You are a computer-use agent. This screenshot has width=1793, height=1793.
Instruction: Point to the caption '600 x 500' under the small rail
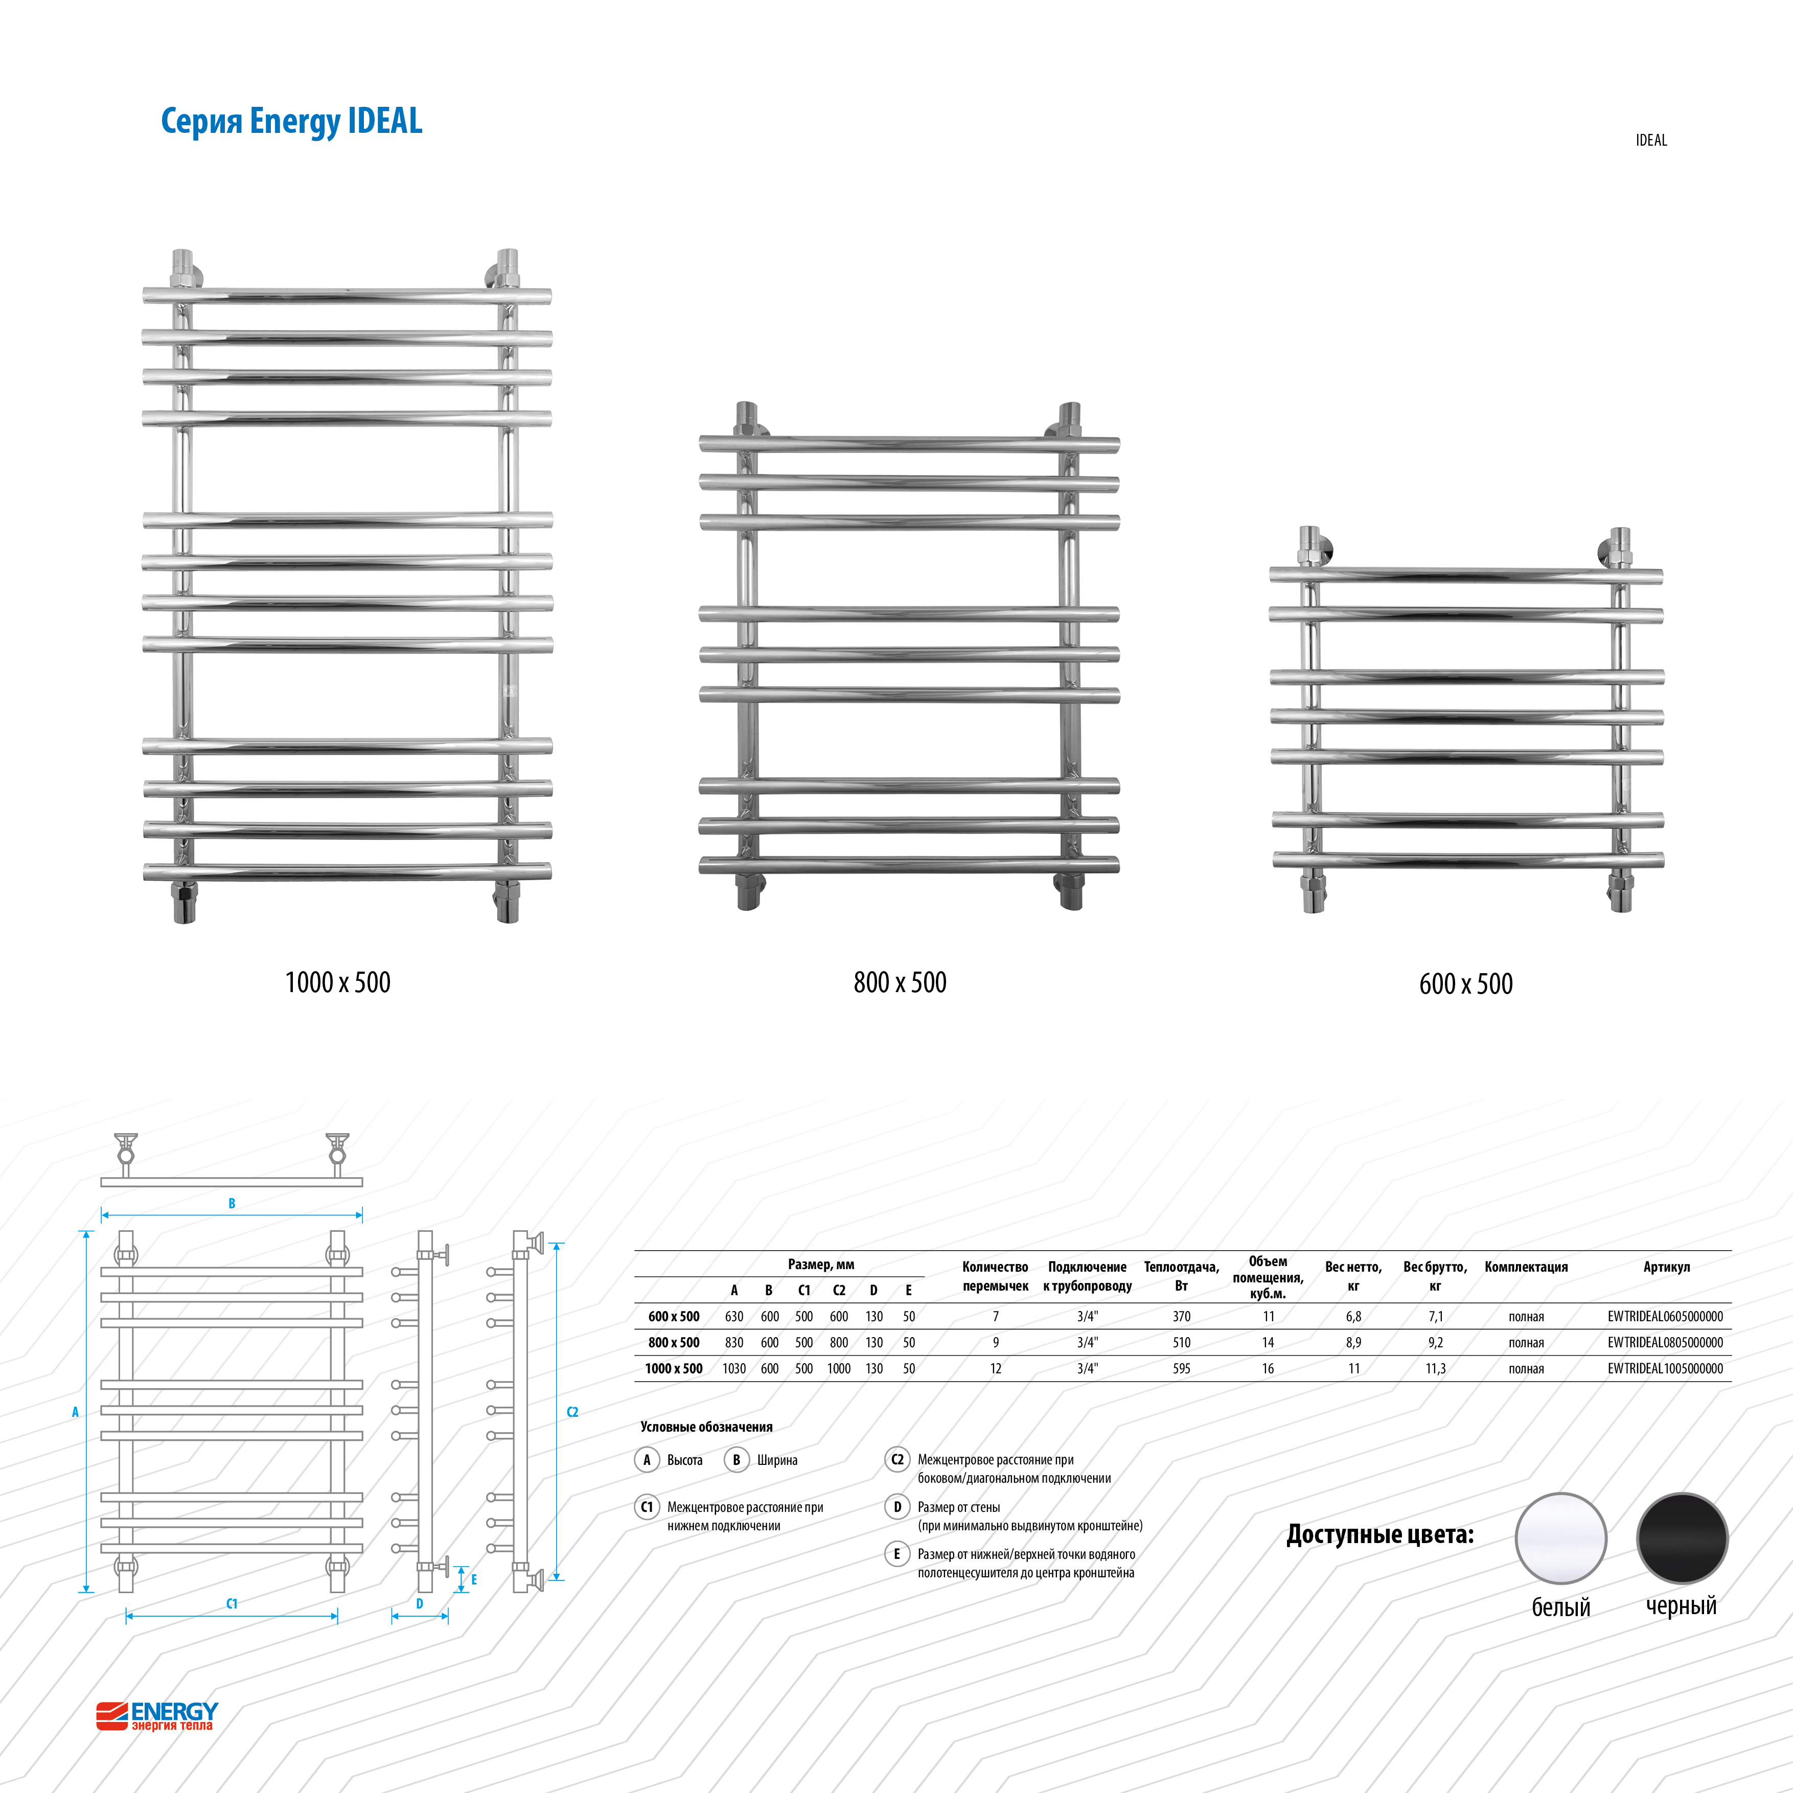(x=1465, y=984)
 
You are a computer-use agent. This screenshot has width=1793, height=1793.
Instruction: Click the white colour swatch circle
(x=1561, y=1538)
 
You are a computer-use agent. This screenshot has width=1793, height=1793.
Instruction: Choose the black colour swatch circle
(x=1682, y=1538)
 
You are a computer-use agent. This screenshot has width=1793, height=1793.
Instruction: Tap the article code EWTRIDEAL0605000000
(x=1665, y=1316)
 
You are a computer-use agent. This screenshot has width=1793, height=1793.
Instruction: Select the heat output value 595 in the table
(x=1181, y=1368)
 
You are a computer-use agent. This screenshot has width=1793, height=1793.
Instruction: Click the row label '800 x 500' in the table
(x=674, y=1342)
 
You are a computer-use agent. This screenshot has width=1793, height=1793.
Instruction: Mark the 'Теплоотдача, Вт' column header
(x=1181, y=1276)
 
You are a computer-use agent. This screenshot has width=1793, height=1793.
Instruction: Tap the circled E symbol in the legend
(x=898, y=1554)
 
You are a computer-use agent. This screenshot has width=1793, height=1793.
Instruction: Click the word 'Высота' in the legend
(x=685, y=1460)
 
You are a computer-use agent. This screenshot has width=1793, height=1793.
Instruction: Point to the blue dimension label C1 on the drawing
(x=232, y=1603)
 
